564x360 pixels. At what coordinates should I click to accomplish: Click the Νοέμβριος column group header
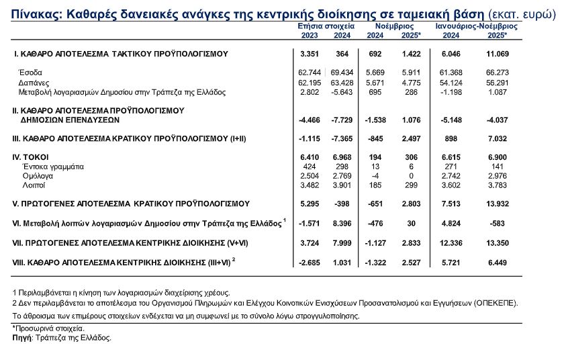tap(392, 25)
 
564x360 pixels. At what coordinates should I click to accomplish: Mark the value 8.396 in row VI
tap(341, 222)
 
